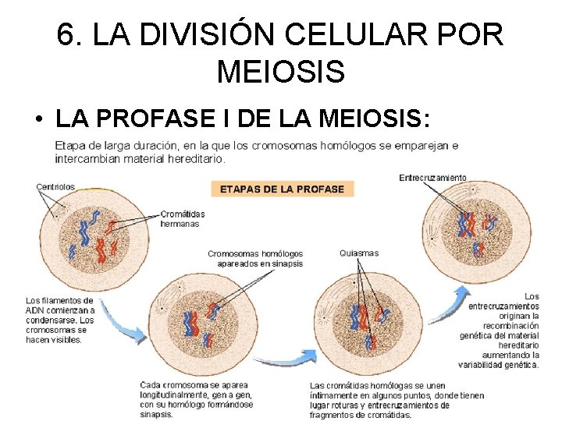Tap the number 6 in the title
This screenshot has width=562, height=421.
point(67,34)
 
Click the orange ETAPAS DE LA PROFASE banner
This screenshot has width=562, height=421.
point(283,189)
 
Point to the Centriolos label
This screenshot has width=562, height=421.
point(55,186)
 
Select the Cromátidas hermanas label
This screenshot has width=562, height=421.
point(182,218)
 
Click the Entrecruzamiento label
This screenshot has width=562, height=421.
point(432,178)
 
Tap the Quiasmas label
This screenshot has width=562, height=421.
point(359,253)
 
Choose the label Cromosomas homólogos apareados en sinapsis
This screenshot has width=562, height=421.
point(255,258)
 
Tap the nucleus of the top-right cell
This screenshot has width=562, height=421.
point(475,230)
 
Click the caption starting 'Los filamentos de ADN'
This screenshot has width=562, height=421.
point(60,320)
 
